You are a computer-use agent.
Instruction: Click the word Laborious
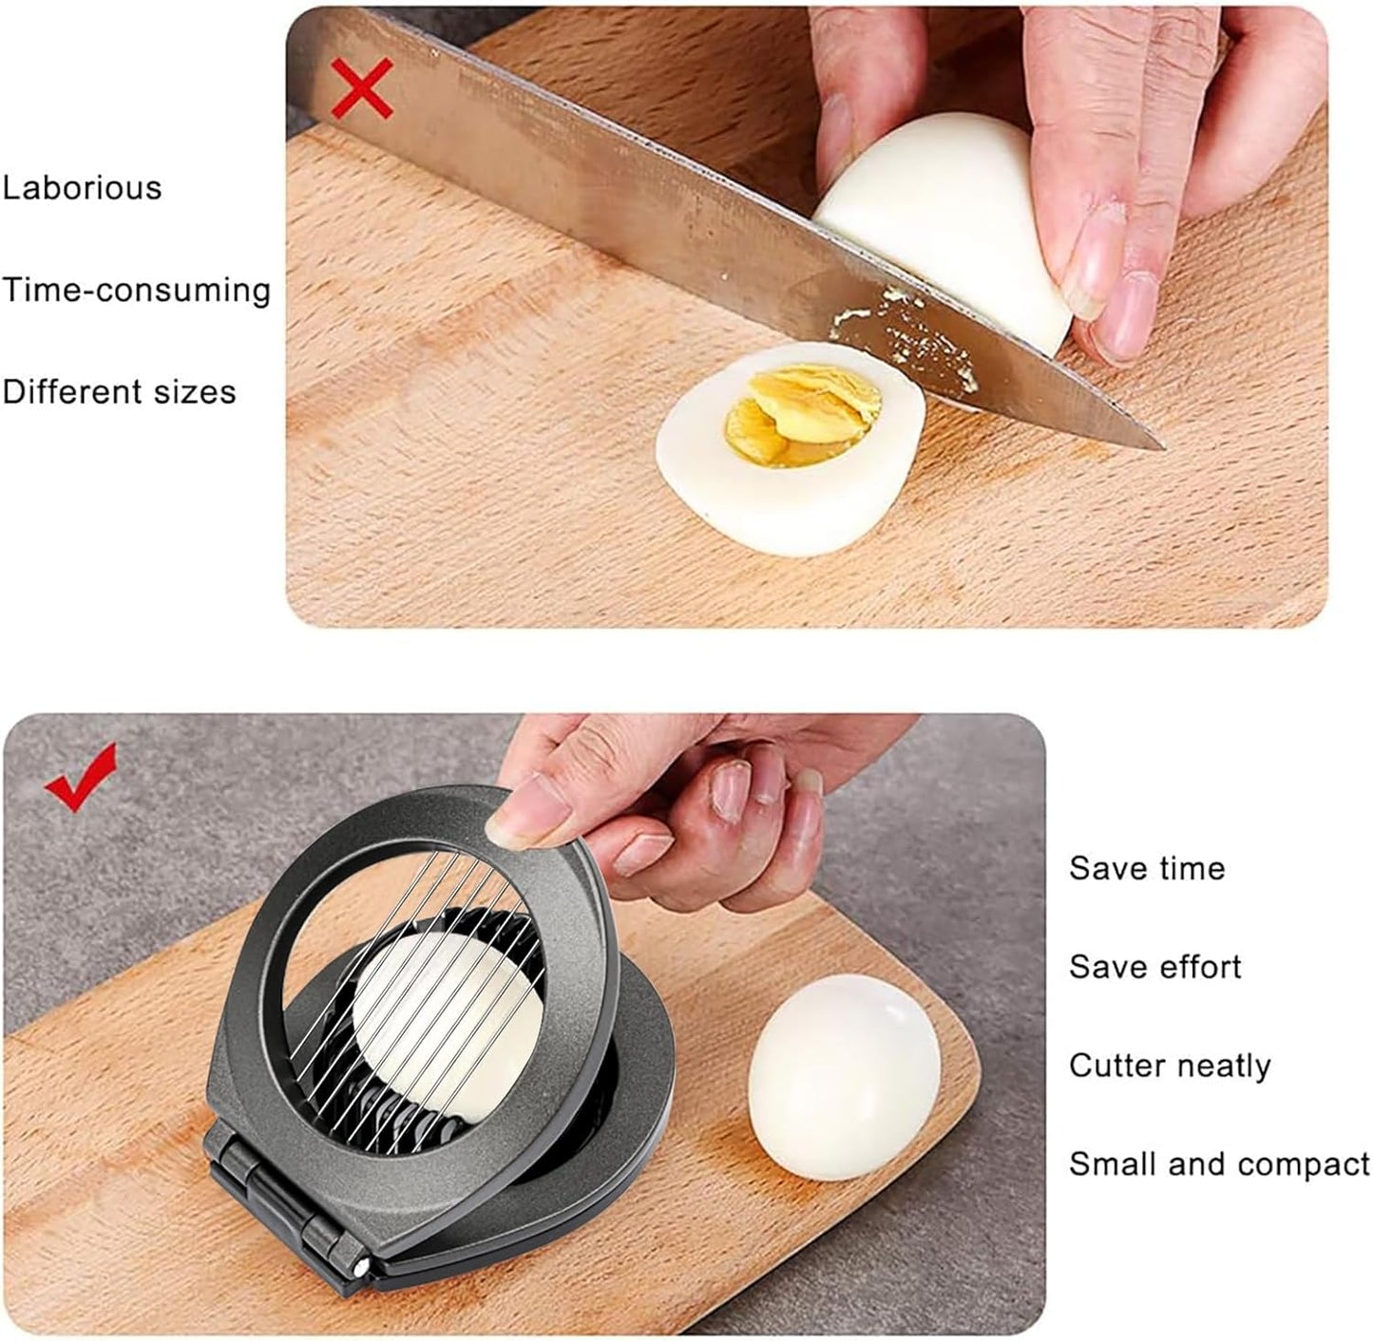82,187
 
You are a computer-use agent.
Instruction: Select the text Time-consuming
136,289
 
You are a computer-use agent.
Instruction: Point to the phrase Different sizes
119,391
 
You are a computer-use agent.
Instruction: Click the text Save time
1147,868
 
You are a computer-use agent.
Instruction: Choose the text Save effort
1154,967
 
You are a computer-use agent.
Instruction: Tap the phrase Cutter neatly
1170,1066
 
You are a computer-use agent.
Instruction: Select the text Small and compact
1219,1164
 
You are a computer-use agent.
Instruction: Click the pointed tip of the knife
1161,444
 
